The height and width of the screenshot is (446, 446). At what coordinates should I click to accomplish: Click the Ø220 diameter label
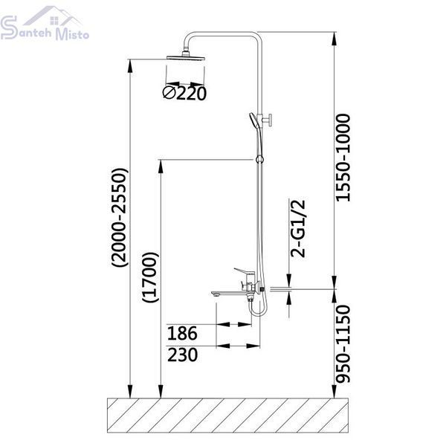pyautogui.click(x=184, y=94)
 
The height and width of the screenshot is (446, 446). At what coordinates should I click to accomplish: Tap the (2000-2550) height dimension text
pyautogui.click(x=120, y=218)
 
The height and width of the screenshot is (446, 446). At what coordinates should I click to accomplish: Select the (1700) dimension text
pyautogui.click(x=150, y=277)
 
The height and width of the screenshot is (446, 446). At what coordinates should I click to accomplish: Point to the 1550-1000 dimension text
pyautogui.click(x=343, y=158)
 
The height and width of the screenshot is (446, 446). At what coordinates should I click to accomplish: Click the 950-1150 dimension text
pyautogui.click(x=343, y=344)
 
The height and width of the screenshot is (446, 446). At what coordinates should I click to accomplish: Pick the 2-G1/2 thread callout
pyautogui.click(x=297, y=229)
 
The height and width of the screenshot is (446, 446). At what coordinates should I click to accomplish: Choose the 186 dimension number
pyautogui.click(x=182, y=333)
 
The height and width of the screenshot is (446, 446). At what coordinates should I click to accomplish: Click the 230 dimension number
pyautogui.click(x=182, y=355)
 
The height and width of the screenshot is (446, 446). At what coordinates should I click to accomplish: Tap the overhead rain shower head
pyautogui.click(x=186, y=57)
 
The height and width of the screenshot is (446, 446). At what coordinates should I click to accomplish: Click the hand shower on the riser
pyautogui.click(x=254, y=121)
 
